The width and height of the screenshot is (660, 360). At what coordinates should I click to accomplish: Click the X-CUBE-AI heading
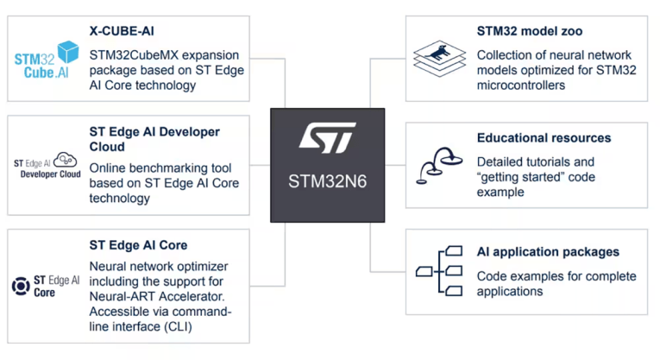click(x=122, y=31)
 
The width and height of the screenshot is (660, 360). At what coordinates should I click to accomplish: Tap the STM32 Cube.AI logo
click(x=46, y=60)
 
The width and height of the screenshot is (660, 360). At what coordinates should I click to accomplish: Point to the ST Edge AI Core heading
click(x=138, y=245)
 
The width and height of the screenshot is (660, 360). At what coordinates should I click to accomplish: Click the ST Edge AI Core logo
click(x=46, y=285)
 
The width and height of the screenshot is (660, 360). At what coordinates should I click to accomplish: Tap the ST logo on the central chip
click(x=327, y=139)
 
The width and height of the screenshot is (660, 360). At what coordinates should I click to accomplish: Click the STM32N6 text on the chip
click(x=327, y=183)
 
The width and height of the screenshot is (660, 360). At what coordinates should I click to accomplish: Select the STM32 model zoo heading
click(x=530, y=31)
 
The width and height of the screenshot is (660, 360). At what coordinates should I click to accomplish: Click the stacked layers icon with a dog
click(x=439, y=58)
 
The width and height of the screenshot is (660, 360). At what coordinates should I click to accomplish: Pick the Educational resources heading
click(x=544, y=137)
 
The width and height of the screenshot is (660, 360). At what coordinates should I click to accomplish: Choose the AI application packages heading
click(x=548, y=252)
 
